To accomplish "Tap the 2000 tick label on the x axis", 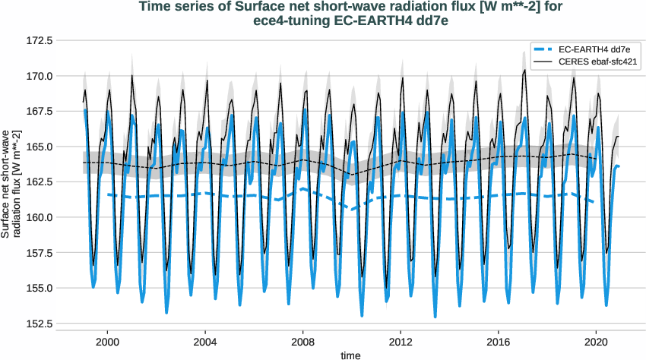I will click(107, 343).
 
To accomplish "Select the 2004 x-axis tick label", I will click(205, 343).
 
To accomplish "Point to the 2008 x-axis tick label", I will click(303, 343).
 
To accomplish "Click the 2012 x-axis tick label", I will click(401, 343).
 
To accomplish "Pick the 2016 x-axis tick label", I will click(499, 343).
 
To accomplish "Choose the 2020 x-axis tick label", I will click(597, 343).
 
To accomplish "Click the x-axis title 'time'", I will click(350, 355).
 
